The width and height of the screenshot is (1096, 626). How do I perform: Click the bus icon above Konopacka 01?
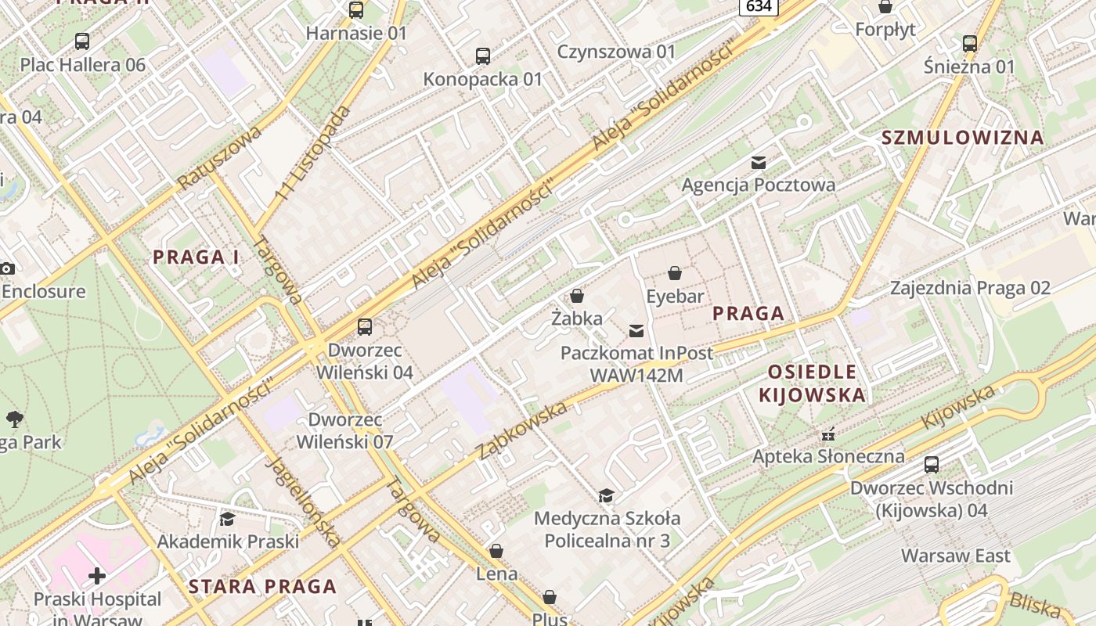[483, 56]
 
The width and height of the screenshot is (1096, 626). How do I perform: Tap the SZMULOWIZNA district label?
[962, 138]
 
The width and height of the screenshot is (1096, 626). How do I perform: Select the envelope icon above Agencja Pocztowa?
[758, 163]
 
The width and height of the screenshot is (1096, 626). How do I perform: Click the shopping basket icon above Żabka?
[577, 296]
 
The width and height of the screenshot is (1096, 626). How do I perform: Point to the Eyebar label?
[675, 297]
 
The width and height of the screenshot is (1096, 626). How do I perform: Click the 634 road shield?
[758, 6]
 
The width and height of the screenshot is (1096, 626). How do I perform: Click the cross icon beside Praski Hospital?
[97, 577]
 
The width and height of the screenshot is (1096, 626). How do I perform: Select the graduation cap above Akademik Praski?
[227, 519]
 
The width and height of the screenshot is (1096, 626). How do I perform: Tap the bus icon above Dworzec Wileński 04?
[365, 326]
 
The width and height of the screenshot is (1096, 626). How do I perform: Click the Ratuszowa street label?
[218, 157]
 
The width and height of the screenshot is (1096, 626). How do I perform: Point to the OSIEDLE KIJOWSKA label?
[813, 383]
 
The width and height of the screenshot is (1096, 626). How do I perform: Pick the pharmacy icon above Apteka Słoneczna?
[828, 434]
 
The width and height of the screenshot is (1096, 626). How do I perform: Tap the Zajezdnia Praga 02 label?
[969, 288]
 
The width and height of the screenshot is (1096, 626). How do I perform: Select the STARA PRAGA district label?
[262, 586]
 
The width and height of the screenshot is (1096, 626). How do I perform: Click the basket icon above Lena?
[496, 551]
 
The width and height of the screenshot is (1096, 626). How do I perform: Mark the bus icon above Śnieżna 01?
[969, 44]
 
